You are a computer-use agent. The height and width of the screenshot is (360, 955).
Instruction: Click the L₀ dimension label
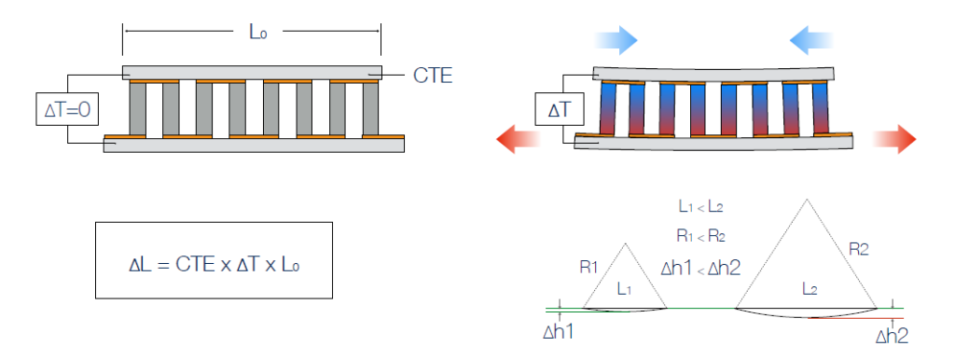click(257, 32)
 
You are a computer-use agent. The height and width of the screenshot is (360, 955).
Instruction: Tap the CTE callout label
click(433, 76)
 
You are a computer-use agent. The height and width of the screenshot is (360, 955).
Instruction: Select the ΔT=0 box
click(67, 110)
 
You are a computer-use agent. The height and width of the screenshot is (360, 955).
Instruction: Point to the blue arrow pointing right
click(616, 40)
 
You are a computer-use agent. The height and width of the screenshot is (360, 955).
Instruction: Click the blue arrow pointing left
click(811, 40)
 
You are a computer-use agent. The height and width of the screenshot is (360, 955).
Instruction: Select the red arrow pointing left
click(519, 139)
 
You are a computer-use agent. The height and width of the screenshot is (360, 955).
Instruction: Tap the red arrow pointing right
click(894, 139)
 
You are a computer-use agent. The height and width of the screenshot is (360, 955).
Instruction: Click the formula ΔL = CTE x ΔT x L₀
click(215, 265)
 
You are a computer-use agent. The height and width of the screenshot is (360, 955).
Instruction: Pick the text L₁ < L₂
click(700, 206)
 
